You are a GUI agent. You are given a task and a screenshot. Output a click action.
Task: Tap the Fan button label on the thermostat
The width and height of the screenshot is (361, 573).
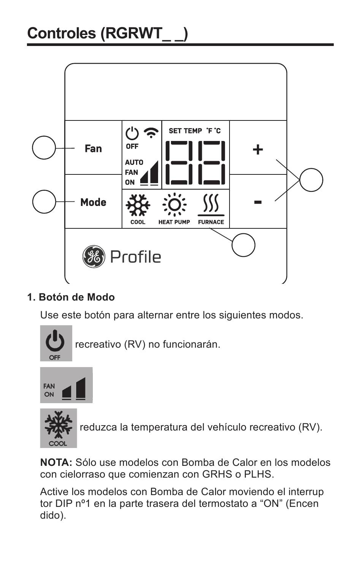tap(93, 148)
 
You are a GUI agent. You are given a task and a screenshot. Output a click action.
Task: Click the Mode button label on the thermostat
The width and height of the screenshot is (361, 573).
tap(93, 202)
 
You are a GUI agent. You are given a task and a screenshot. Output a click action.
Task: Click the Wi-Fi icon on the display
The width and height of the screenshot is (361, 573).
tap(151, 133)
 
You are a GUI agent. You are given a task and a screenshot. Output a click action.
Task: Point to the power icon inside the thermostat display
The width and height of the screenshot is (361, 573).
tap(132, 133)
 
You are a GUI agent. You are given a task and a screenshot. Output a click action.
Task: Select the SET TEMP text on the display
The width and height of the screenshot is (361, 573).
tap(185, 131)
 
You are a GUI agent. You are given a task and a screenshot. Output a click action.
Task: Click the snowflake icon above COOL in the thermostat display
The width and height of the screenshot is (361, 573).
tap(138, 205)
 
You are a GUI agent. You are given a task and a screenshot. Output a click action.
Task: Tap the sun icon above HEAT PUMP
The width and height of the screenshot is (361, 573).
tap(174, 204)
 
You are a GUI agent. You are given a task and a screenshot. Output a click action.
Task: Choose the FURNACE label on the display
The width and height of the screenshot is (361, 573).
tap(211, 222)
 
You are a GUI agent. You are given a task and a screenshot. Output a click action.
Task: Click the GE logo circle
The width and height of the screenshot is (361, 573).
tap(93, 256)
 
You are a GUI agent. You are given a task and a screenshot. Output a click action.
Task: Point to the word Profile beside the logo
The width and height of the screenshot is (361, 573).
tap(136, 257)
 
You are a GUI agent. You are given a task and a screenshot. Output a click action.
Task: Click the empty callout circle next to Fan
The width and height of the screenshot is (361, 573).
tap(44, 147)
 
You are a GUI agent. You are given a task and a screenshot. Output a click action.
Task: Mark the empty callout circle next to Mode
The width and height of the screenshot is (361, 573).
tap(44, 201)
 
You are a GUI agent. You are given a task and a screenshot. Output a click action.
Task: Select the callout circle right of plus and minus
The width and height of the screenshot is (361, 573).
tap(311, 180)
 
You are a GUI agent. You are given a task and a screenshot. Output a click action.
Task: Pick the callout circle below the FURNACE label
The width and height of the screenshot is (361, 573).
tap(243, 245)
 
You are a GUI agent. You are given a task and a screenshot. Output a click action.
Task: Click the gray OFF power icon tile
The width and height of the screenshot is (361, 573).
tap(56, 343)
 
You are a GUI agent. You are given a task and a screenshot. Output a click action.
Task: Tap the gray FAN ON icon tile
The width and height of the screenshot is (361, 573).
tap(66, 385)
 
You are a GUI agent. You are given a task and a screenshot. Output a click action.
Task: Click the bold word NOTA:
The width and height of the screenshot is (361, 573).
tap(56, 462)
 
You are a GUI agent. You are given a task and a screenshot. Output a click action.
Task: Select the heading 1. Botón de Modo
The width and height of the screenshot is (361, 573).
tap(71, 297)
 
